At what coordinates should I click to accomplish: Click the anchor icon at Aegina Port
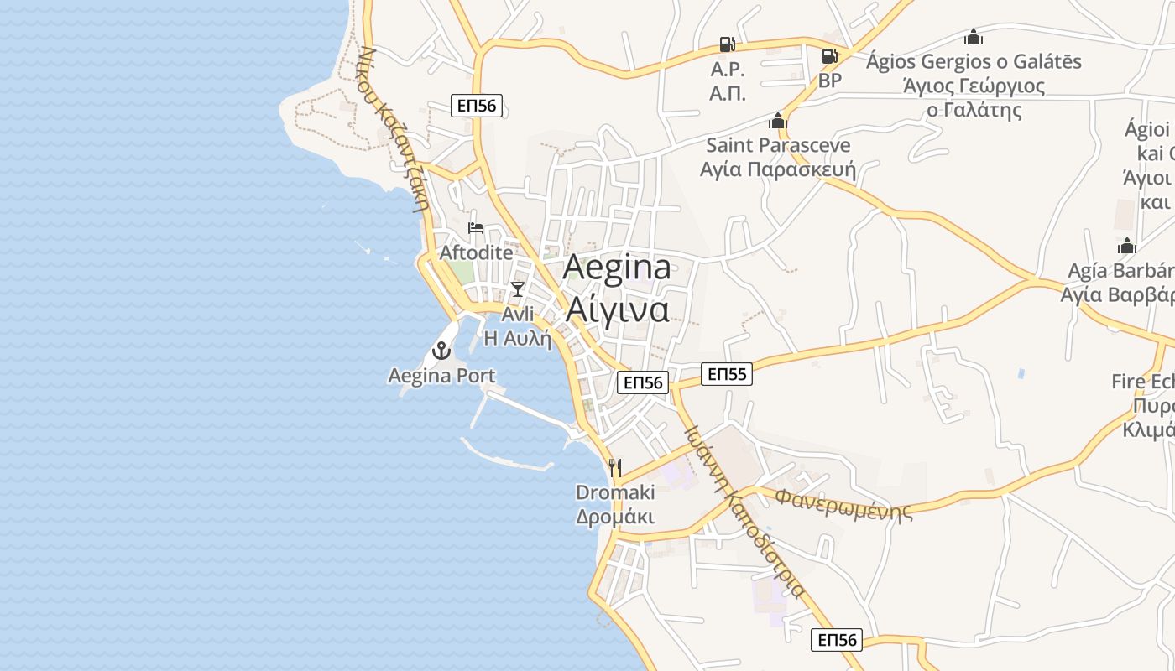441,351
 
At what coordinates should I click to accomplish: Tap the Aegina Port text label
441,376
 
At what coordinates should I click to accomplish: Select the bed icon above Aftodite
476,228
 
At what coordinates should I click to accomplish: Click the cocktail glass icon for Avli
518,289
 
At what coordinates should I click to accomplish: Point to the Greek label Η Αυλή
518,339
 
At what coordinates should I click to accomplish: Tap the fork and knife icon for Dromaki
615,467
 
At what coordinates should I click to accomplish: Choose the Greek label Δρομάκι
615,516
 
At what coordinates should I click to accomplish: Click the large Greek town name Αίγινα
618,309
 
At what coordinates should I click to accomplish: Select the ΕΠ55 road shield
727,374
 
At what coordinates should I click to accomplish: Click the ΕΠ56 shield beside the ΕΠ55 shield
642,382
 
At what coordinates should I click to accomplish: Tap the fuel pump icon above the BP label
829,56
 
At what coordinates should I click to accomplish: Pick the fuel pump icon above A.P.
728,44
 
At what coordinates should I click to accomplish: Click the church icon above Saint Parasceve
778,121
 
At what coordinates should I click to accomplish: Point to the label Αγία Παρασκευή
778,169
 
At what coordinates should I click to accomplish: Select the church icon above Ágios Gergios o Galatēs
974,37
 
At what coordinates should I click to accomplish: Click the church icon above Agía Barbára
1127,246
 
